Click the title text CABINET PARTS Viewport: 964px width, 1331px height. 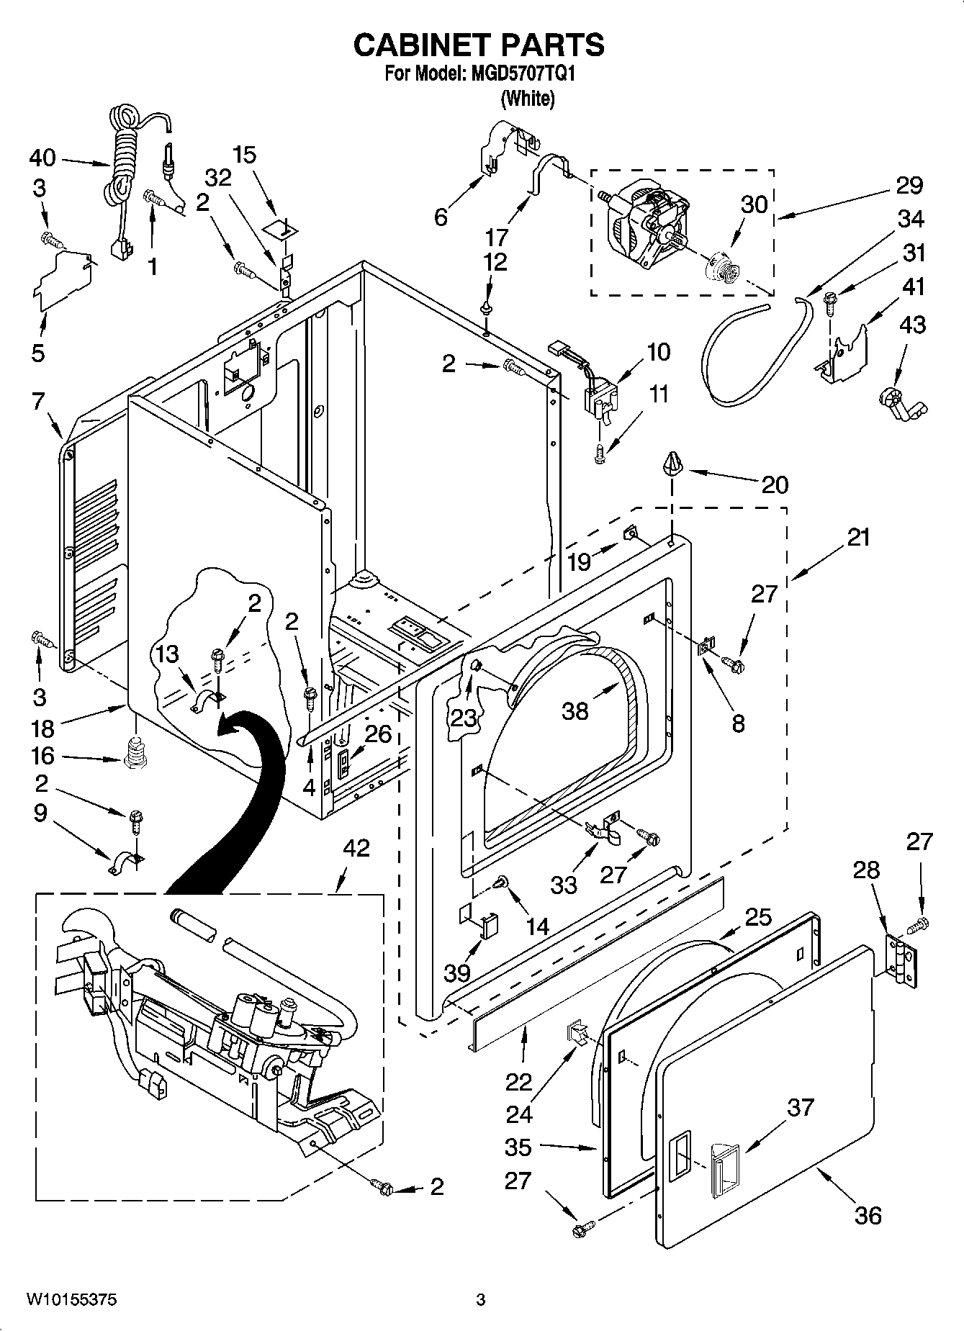pyautogui.click(x=479, y=45)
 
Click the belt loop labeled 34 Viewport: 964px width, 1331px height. pyautogui.click(x=757, y=351)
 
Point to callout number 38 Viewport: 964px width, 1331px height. pyautogui.click(x=575, y=710)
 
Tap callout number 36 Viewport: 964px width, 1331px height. pyautogui.click(x=868, y=1215)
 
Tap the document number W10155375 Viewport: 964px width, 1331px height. pyautogui.click(x=72, y=1300)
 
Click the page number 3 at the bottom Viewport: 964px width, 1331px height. pyautogui.click(x=480, y=1300)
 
